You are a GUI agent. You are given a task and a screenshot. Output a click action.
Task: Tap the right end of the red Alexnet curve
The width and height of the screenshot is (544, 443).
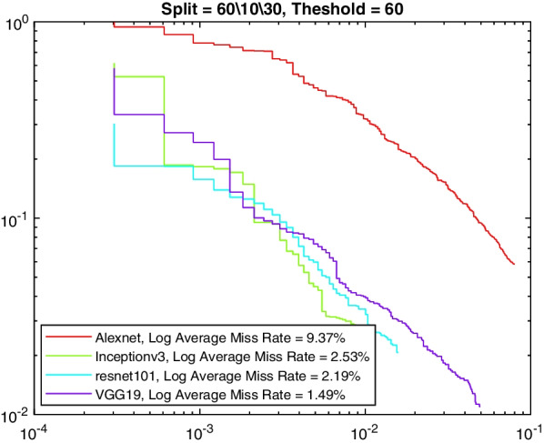[514, 264]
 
